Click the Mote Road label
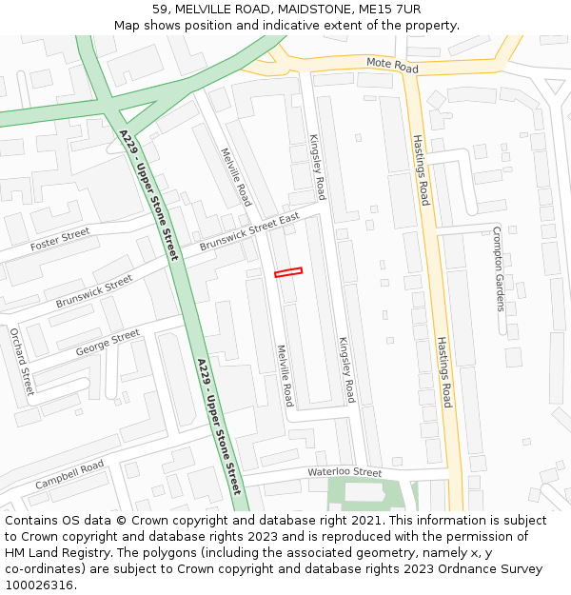(x=392, y=65)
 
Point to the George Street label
(x=107, y=343)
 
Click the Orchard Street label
(x=22, y=362)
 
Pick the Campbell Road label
(x=69, y=475)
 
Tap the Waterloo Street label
(x=344, y=472)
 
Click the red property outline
(x=288, y=272)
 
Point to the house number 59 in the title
(x=159, y=9)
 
